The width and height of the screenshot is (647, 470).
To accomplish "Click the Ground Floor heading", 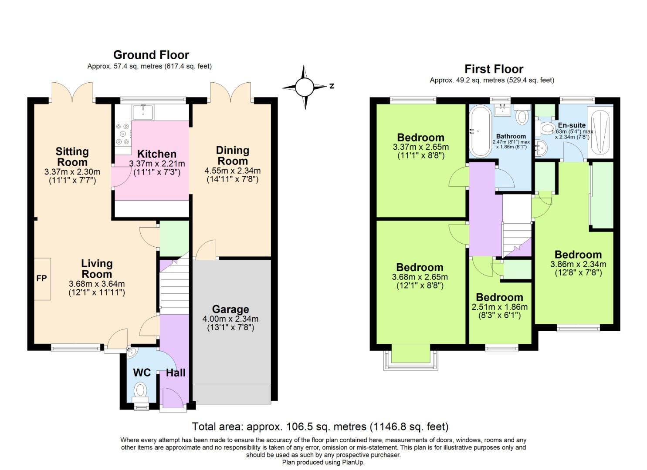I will [151, 55].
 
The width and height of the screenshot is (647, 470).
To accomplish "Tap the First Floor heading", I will [494, 69].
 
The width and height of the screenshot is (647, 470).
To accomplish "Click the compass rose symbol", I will [305, 87].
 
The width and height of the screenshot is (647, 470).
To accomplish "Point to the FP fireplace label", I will [41, 279].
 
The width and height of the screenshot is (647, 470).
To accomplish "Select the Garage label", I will [230, 309].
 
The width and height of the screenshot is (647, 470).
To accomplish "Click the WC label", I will [142, 373].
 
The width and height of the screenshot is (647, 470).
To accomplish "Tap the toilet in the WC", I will [140, 389].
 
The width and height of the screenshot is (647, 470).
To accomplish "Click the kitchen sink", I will [143, 112].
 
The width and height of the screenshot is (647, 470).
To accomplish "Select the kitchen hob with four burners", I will [123, 134].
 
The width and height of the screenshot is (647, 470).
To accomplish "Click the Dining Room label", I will [233, 156].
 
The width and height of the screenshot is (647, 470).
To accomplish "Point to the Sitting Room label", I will [72, 157].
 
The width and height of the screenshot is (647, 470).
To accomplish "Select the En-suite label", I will [572, 125].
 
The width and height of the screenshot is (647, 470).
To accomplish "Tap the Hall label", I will [176, 373].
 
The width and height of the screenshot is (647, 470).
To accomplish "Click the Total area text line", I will [320, 426].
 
